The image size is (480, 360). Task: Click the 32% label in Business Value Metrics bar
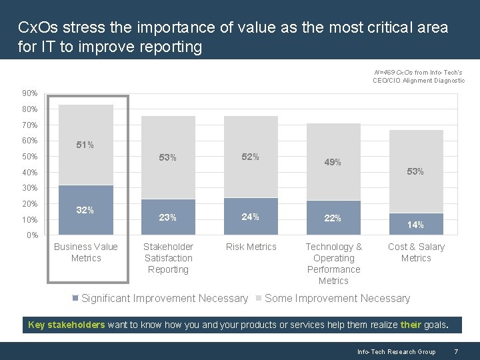(x=85, y=210)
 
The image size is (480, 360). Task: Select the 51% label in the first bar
(x=85, y=145)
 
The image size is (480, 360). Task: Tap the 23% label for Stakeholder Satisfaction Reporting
(x=168, y=217)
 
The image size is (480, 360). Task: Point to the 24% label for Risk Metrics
(x=251, y=217)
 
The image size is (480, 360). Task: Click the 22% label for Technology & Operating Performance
(x=333, y=219)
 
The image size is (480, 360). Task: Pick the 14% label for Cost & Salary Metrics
(x=415, y=225)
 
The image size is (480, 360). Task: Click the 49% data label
(x=333, y=162)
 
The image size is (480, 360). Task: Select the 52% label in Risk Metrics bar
(x=251, y=157)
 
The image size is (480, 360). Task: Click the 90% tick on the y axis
(x=29, y=93)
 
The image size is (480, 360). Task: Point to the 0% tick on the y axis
(x=32, y=235)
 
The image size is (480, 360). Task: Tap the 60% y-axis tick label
(x=29, y=141)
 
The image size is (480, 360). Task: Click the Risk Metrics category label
(x=251, y=247)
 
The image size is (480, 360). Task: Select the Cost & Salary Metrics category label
(x=416, y=252)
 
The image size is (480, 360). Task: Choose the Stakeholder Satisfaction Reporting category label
(x=168, y=258)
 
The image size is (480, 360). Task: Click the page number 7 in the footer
(x=455, y=351)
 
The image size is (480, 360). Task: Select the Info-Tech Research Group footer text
(x=396, y=351)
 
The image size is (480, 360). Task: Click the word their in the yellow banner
(x=411, y=325)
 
